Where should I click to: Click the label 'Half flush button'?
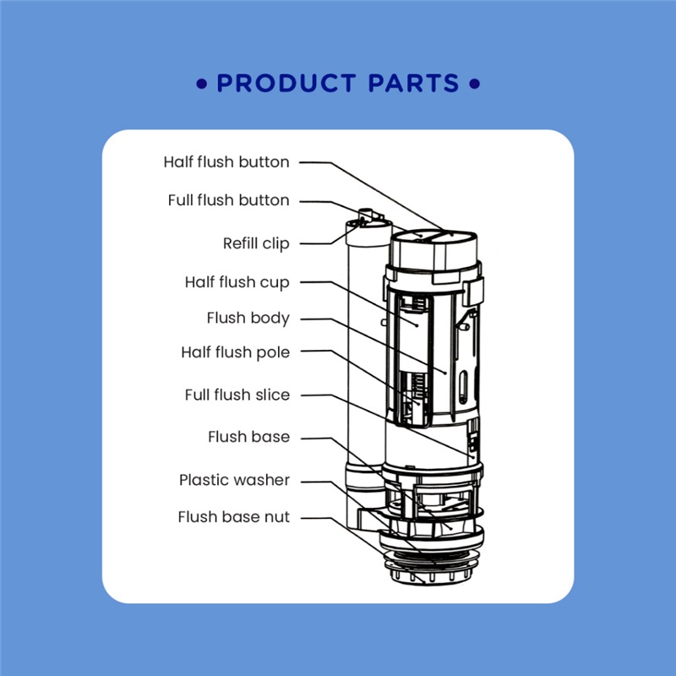[x=226, y=162]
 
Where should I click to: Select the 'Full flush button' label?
[x=228, y=201]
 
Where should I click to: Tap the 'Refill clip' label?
[x=256, y=244]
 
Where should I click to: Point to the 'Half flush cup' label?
[x=237, y=282]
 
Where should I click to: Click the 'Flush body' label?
[x=248, y=319]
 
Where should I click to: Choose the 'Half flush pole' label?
[x=235, y=352]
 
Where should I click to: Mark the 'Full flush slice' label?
[x=237, y=395]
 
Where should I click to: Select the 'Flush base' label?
[x=248, y=437]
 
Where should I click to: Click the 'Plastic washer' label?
[x=234, y=480]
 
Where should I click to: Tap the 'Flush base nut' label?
[x=233, y=517]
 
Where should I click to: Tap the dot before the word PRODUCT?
[x=201, y=84]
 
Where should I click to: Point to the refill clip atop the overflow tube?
[x=368, y=218]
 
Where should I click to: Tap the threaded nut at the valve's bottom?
[x=433, y=562]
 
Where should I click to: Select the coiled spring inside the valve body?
[x=414, y=389]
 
